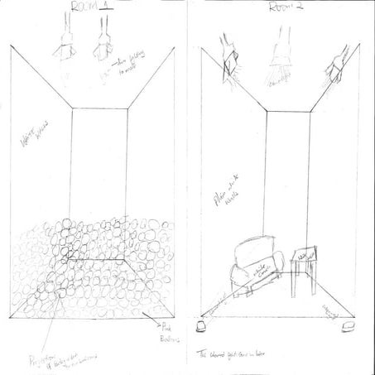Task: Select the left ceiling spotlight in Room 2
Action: (x=230, y=60)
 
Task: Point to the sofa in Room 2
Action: (x=253, y=264)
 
